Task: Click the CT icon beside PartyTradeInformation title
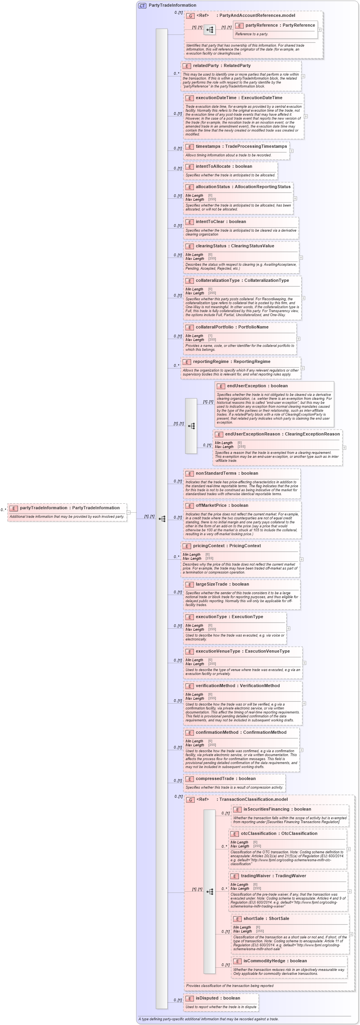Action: coord(142,5)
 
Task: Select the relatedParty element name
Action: coord(206,65)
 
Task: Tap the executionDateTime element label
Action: coord(215,98)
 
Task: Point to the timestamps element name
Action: coord(208,147)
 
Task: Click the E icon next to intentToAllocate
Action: coord(189,167)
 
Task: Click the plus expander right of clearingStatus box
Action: coord(301,258)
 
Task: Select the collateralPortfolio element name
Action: coord(214,327)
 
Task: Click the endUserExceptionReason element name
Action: coord(252,434)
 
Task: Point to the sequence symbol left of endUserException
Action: coord(191,426)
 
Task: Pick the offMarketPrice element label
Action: coord(211,505)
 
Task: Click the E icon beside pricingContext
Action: coord(187,546)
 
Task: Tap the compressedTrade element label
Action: coord(214,779)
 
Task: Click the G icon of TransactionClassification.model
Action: coord(190,800)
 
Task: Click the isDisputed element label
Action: coord(209,998)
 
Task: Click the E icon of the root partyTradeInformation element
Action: coord(14,508)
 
